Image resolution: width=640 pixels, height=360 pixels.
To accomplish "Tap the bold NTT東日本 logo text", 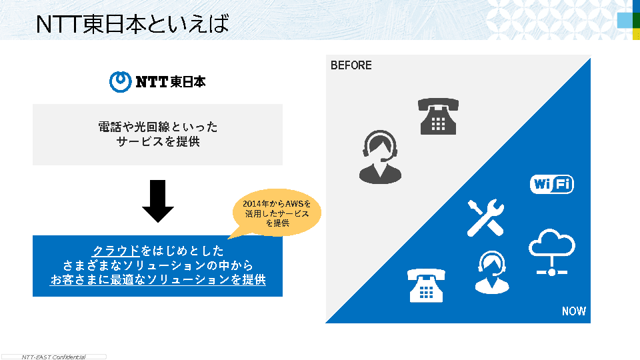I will [x=171, y=82].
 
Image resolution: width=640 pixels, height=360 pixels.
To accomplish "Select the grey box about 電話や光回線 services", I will [x=157, y=134].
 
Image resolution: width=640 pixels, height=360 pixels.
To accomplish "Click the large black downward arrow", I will [x=158, y=201].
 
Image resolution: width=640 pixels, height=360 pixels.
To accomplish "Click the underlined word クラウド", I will [x=116, y=251].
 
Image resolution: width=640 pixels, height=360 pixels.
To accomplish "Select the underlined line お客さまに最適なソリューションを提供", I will [x=158, y=280].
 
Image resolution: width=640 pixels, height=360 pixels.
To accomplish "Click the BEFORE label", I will [x=351, y=65].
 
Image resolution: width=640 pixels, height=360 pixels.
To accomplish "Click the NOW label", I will [x=573, y=311].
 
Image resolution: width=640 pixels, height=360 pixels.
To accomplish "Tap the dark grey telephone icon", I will [x=438, y=116].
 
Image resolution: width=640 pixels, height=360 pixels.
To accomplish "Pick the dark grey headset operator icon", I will [x=380, y=157].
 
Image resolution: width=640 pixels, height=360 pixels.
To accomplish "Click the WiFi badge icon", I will [x=551, y=184].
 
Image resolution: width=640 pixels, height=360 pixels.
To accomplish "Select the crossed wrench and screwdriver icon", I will [x=485, y=217].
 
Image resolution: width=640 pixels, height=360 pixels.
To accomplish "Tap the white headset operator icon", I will [x=491, y=272].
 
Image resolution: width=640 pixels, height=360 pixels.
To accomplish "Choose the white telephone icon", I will [x=426, y=285].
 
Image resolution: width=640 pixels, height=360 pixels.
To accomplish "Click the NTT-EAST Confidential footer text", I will [x=53, y=357].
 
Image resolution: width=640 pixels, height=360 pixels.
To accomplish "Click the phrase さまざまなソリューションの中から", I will [x=158, y=265].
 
